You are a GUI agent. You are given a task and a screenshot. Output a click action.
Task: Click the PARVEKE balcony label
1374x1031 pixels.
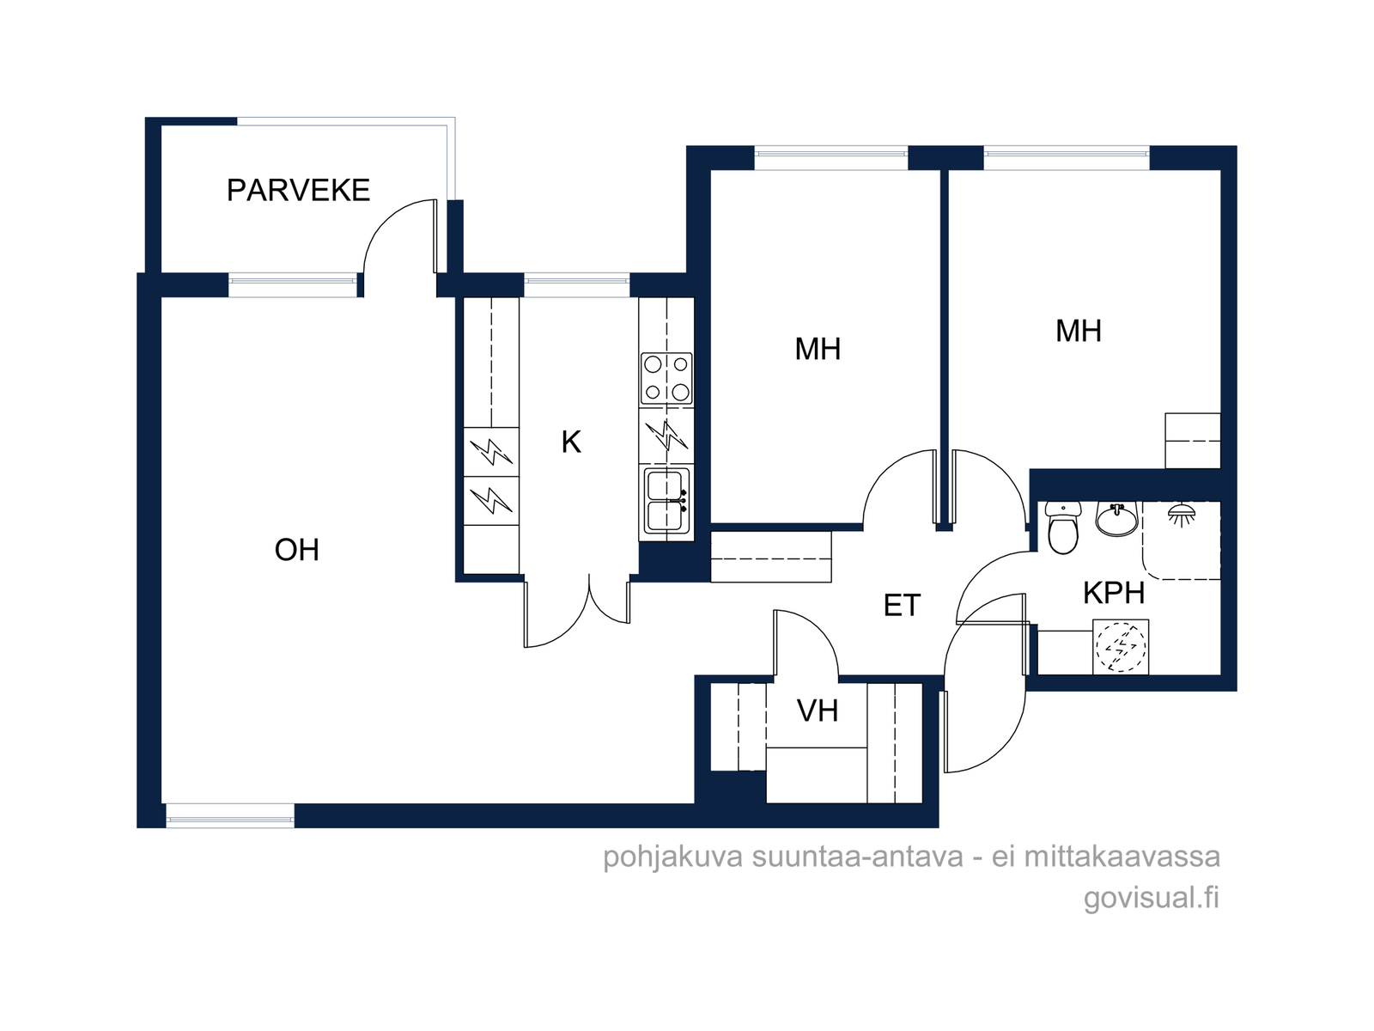[x=298, y=190]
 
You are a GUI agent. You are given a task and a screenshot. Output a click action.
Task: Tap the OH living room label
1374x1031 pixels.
[x=297, y=550]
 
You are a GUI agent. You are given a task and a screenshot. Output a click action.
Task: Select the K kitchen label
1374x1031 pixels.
[x=571, y=442]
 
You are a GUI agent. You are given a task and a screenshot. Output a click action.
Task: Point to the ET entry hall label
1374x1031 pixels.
[x=902, y=606]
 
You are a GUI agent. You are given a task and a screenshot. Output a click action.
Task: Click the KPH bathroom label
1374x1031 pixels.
[x=1114, y=593]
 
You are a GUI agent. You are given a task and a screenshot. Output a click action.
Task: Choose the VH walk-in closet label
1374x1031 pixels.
[x=818, y=711]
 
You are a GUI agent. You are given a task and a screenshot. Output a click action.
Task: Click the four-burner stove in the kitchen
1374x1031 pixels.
[x=666, y=379]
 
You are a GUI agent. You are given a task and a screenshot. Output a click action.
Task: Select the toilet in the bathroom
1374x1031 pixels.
[x=1063, y=527]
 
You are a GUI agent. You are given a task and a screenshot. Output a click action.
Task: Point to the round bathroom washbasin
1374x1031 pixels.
[x=1117, y=519]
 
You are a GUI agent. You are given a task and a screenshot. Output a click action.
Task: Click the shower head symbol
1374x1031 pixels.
[x=1181, y=515]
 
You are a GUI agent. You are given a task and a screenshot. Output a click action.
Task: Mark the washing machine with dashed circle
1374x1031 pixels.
[x=1121, y=647]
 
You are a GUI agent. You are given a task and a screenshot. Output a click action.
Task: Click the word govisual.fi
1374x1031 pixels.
[x=1152, y=899]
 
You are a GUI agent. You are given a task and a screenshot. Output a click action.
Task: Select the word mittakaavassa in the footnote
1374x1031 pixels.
[x=1122, y=857]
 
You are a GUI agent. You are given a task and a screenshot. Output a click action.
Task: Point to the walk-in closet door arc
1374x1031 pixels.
[x=820, y=628]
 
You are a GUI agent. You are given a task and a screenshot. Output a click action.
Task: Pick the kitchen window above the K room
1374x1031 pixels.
[x=576, y=285]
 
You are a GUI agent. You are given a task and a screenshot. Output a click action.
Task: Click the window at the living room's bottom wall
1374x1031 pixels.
[x=230, y=815]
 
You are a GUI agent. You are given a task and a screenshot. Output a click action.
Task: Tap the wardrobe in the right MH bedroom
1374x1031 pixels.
[x=1193, y=440]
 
